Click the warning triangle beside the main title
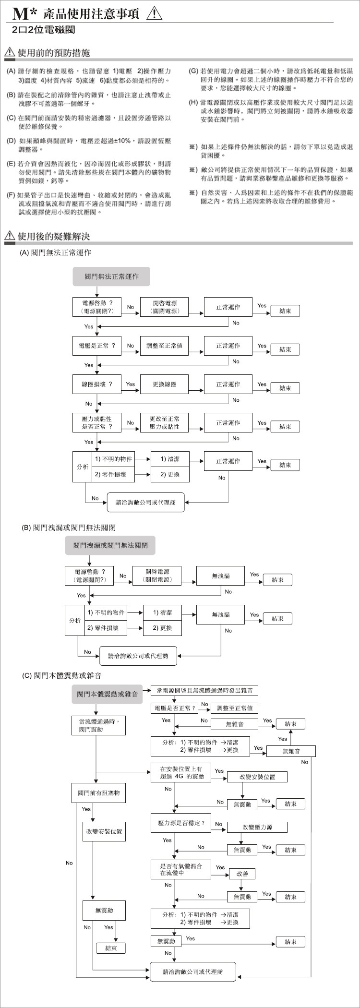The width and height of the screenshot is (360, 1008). coord(154,13)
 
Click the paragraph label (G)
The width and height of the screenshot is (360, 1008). coord(193,71)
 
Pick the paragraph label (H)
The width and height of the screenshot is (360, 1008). coord(193,103)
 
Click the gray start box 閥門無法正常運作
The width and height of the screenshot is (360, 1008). coord(111,276)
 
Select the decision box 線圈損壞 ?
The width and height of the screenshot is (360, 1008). coord(97,384)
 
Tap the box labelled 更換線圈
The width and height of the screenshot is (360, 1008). coord(164,384)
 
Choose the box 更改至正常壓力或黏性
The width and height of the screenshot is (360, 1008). coord(164,422)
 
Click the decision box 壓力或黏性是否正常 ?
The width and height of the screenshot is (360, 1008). coord(97,422)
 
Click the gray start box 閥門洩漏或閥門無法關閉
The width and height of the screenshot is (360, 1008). coord(110,545)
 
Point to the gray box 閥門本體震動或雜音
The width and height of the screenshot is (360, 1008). coord(108,694)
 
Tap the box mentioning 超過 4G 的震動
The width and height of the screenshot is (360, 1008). coord(181,772)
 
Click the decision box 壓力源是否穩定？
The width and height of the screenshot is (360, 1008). coord(181,823)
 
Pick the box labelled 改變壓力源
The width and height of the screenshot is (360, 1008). coord(257,827)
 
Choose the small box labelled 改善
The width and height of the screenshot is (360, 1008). coord(242,874)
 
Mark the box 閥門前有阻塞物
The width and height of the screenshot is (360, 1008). coord(99,792)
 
